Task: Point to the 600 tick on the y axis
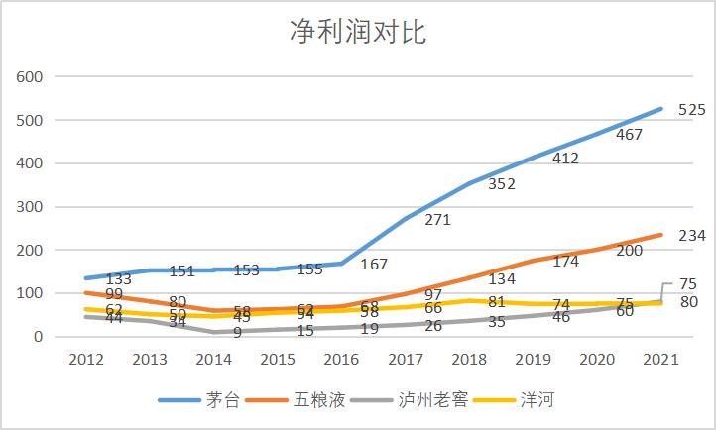[29, 76]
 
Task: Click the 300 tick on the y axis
[29, 207]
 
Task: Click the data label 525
[691, 110]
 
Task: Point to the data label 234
[691, 236]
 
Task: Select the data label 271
[437, 220]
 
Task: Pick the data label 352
[502, 184]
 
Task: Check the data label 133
[118, 279]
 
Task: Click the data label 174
[565, 262]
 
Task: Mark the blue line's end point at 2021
[660, 109]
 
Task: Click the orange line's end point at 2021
[660, 235]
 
